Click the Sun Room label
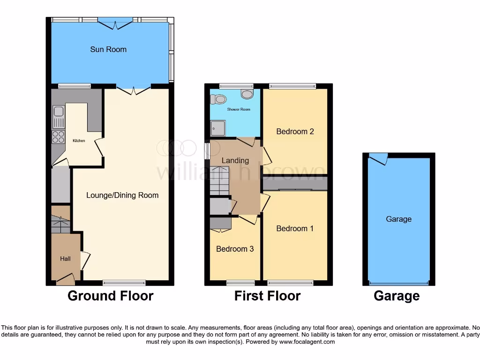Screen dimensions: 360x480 [108, 49]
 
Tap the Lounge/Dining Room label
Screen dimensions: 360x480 [122, 195]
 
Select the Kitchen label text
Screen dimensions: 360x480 [79, 141]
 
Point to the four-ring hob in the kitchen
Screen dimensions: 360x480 [58, 137]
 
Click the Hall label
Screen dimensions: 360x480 [65, 258]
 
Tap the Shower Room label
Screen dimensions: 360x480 [239, 109]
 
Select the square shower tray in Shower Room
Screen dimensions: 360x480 [217, 127]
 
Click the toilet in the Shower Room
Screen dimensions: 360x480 [218, 99]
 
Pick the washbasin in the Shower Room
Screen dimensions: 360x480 [247, 94]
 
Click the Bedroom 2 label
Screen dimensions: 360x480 [295, 131]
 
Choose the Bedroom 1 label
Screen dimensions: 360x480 [295, 228]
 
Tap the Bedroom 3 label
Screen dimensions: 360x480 [235, 249]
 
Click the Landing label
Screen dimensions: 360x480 [235, 160]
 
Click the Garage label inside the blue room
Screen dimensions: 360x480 [399, 219]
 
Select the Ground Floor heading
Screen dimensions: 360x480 [110, 296]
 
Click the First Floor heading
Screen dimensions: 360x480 [267, 296]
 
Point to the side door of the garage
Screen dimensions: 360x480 [378, 159]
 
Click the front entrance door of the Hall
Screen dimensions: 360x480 [65, 280]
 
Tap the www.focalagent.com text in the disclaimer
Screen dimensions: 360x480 [307, 342]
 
